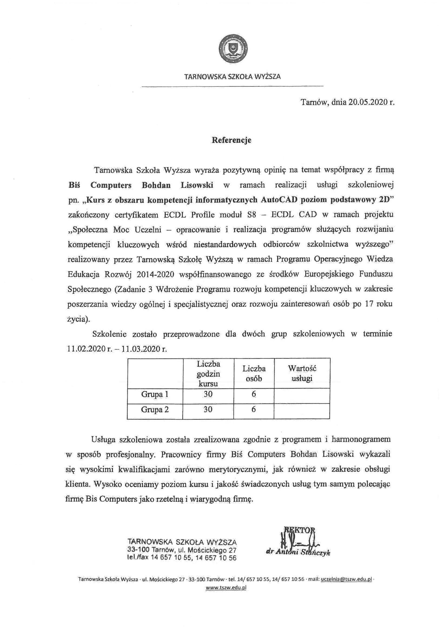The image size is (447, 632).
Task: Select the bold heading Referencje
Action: click(x=231, y=140)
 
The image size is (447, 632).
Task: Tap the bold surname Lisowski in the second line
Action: click(x=197, y=185)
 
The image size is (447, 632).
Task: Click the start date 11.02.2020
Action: click(x=87, y=349)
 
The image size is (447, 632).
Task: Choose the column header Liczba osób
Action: click(x=254, y=374)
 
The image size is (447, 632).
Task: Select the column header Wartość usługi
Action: click(x=302, y=374)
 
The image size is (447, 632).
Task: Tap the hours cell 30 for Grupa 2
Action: click(x=208, y=410)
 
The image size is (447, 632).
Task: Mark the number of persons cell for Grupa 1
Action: click(x=254, y=395)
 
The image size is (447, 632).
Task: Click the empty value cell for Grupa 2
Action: click(x=302, y=410)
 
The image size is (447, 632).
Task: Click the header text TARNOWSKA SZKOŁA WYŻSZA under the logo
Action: click(x=232, y=77)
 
